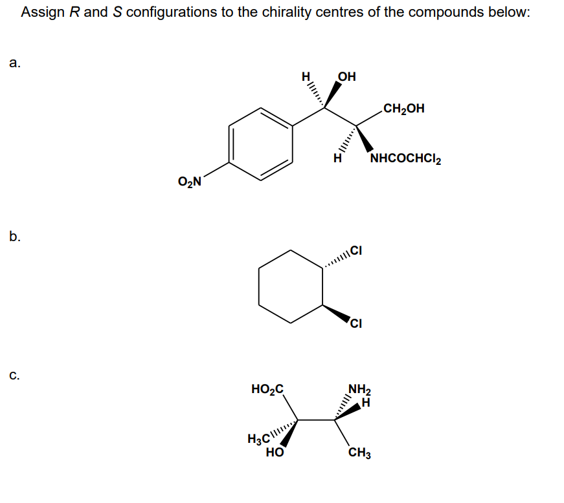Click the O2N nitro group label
click(x=189, y=182)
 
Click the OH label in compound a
click(x=347, y=78)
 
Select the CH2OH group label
click(x=404, y=108)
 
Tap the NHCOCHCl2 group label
click(x=405, y=159)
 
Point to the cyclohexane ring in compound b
click(x=291, y=286)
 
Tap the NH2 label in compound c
click(x=359, y=389)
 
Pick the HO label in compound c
click(x=274, y=454)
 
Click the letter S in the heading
click(x=117, y=12)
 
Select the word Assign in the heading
click(x=44, y=12)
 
